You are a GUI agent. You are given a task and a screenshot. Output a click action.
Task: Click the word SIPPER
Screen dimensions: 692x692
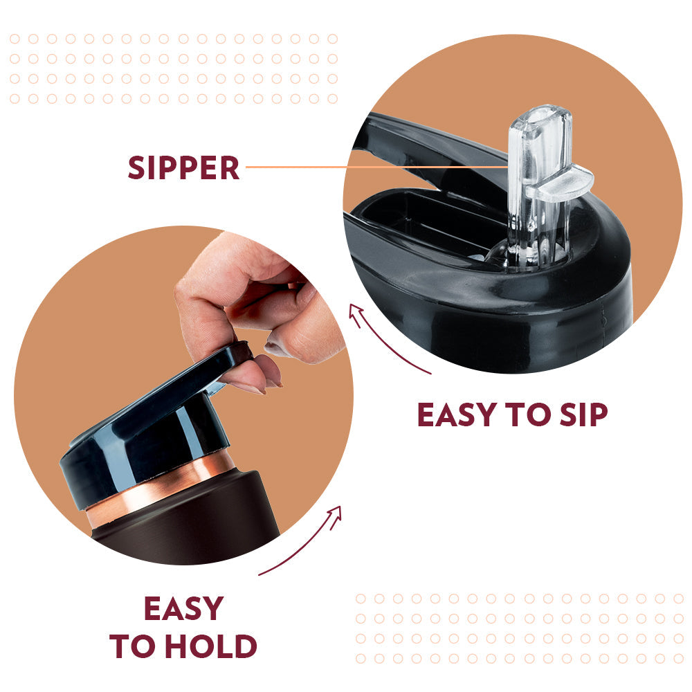click(183, 167)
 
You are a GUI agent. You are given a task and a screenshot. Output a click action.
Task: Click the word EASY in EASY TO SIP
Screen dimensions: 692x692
click(457, 415)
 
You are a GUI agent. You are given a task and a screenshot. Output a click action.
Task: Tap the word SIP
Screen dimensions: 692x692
click(583, 415)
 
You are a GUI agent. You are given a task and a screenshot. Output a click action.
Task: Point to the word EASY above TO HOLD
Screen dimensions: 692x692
click(183, 608)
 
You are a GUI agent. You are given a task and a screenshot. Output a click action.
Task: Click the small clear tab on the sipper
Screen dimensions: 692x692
click(560, 182)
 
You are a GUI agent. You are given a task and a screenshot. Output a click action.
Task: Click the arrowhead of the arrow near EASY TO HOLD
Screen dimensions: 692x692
click(336, 513)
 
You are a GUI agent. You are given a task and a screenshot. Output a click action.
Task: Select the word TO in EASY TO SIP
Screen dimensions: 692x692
click(528, 415)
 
